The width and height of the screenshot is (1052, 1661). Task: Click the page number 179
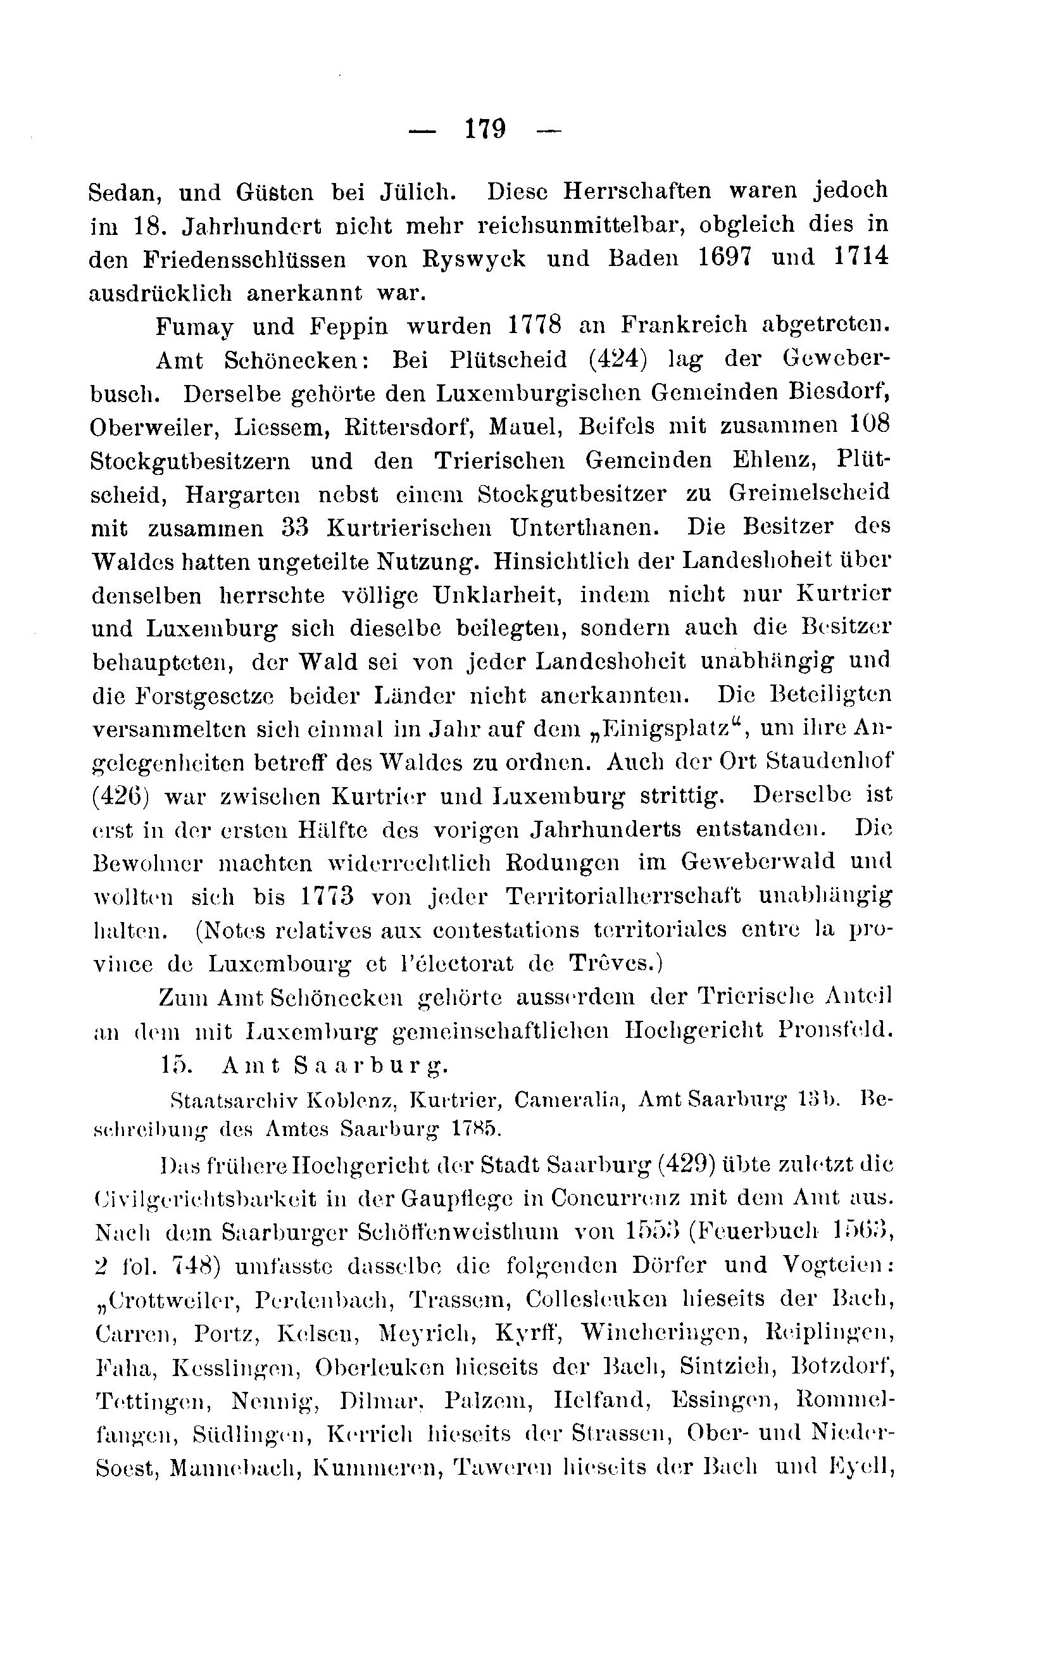click(x=485, y=129)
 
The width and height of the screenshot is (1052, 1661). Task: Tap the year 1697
click(x=723, y=257)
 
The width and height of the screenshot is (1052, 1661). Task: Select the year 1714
click(x=860, y=257)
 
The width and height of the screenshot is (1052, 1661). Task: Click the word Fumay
click(x=194, y=325)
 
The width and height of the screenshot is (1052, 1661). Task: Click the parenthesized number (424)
click(x=628, y=360)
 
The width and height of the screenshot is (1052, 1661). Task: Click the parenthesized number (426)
click(x=118, y=796)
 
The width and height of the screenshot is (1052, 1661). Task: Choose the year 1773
click(x=327, y=896)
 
